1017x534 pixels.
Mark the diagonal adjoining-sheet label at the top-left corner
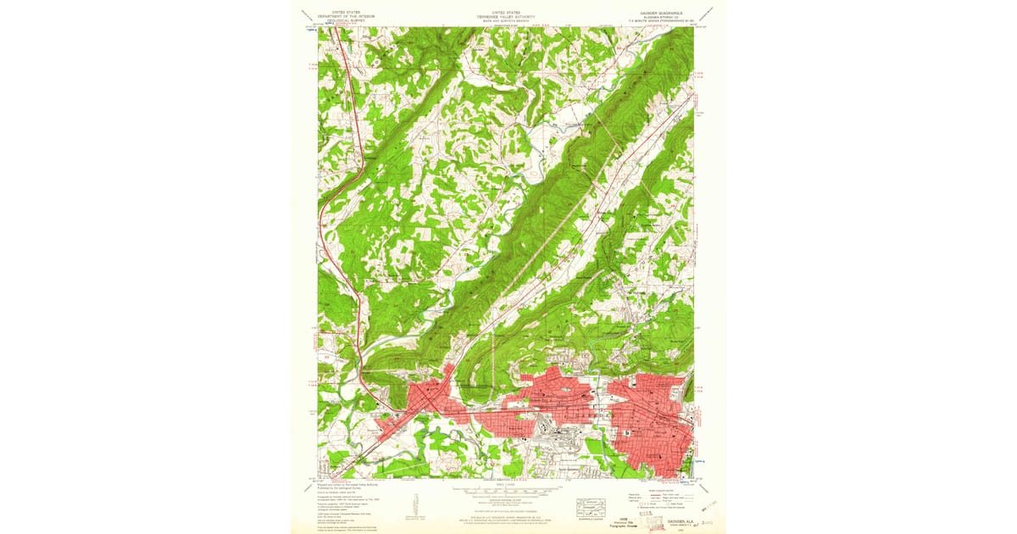(305, 15)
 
